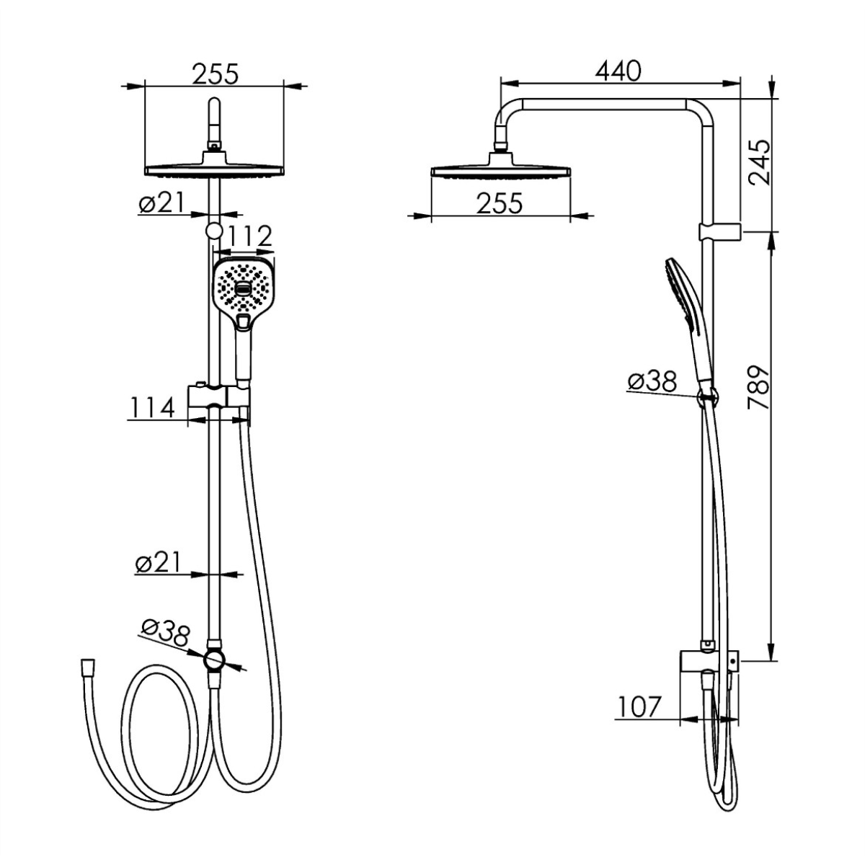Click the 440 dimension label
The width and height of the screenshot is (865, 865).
[618, 71]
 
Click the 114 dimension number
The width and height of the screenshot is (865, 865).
[151, 407]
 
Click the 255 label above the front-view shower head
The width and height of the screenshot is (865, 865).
[216, 74]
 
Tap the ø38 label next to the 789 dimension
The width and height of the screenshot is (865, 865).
[652, 381]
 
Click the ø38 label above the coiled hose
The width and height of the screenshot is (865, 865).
[165, 633]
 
